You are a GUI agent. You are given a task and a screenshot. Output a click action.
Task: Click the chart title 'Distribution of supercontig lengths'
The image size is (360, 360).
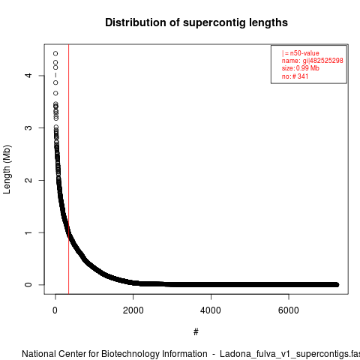196,22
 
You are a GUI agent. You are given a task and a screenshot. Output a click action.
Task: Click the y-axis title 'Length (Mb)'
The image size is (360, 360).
7,169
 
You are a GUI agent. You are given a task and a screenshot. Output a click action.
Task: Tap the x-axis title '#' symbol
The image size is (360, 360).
196,332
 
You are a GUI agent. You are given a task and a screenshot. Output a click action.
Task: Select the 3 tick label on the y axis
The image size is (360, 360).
28,127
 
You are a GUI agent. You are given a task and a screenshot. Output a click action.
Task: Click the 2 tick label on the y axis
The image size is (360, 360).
28,180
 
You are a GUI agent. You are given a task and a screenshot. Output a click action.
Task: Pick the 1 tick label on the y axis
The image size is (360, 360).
28,232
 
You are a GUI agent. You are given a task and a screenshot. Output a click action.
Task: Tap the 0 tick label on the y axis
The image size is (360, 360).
28,285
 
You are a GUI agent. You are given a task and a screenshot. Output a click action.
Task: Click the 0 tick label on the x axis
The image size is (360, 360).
55,310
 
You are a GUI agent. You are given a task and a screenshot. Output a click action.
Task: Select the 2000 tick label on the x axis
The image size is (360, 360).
133,310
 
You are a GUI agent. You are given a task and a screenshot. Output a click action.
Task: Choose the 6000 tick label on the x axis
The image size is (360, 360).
289,310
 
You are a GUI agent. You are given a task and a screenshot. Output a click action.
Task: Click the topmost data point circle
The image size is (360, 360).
55,53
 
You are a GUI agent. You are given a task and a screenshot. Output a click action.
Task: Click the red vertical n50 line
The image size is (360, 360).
68,169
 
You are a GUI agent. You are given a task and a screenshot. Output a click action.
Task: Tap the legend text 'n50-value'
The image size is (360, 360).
304,53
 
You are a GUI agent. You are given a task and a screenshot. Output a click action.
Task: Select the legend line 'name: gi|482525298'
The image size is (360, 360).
313,61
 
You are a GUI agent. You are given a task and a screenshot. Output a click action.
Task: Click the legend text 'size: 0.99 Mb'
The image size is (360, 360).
301,68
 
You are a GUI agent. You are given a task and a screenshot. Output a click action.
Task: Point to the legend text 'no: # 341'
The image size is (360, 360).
295,76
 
